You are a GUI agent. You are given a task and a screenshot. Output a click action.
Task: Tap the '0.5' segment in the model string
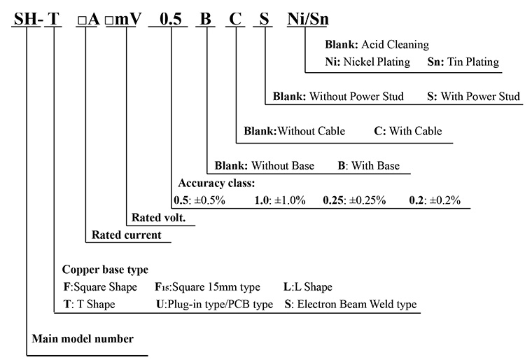pos(171,20)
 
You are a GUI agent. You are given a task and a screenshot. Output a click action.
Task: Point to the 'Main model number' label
pos(83,339)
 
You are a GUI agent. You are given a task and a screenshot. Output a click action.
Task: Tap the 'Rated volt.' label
pos(158,218)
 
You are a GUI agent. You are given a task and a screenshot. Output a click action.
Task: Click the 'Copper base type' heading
pos(105,269)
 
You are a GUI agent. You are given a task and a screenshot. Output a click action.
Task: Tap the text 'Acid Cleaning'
pos(395,45)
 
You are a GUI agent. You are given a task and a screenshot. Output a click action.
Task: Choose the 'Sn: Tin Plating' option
pos(463,62)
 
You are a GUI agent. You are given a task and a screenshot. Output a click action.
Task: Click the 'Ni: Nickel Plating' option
pos(367,62)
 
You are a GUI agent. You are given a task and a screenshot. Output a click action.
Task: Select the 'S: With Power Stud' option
pos(472,96)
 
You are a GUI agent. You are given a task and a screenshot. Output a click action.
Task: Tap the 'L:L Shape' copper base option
pos(307,287)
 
